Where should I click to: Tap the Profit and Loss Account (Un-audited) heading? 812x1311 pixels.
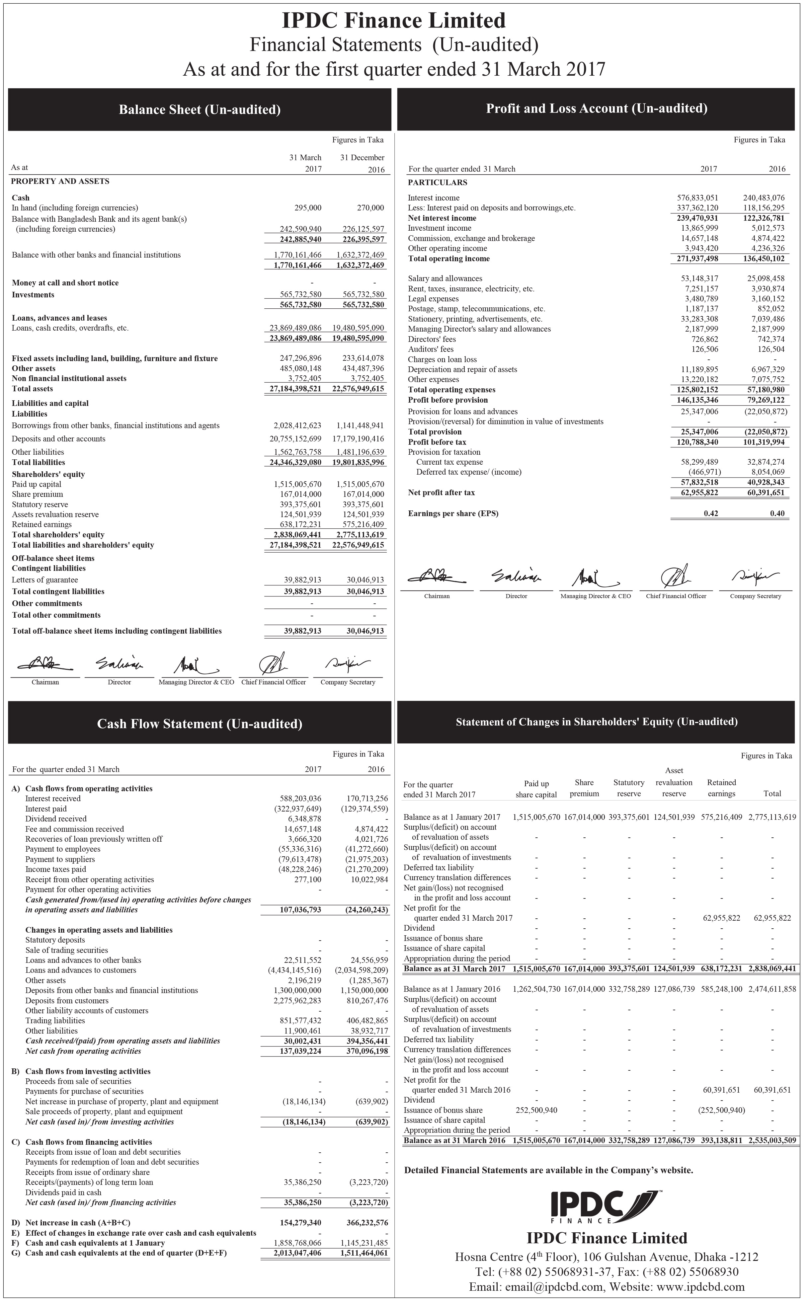pyautogui.click(x=596, y=109)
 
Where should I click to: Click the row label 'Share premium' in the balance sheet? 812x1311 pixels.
pyautogui.click(x=37, y=494)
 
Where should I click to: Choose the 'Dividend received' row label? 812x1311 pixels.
pyautogui.click(x=56, y=819)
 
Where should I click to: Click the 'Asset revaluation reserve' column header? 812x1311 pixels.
pyautogui.click(x=674, y=782)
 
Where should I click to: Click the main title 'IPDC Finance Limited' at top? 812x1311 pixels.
pyautogui.click(x=394, y=21)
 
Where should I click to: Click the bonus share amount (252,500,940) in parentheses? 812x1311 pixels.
pyautogui.click(x=721, y=1110)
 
